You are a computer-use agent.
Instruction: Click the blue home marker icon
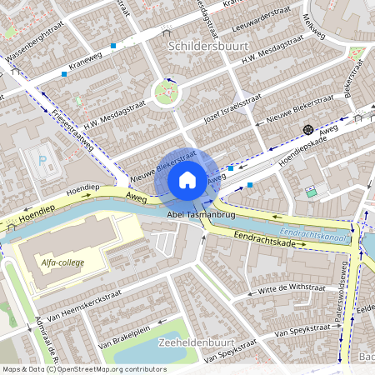(x=187, y=179)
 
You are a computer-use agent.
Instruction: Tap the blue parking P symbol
(x=43, y=158)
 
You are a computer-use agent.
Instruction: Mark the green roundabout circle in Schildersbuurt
(x=166, y=92)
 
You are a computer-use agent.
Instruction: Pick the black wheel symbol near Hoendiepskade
(x=308, y=129)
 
